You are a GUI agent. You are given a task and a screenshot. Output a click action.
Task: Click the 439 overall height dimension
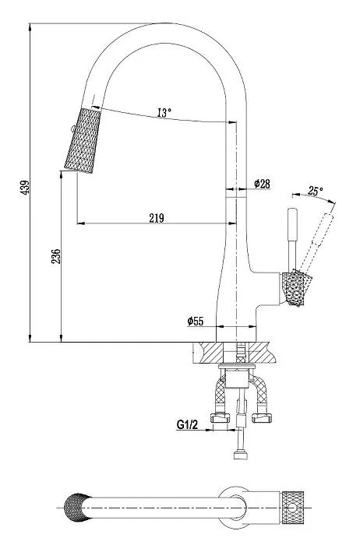[26, 188]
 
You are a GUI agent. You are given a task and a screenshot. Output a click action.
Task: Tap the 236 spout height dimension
[55, 256]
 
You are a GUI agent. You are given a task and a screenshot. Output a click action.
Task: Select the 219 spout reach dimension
[157, 218]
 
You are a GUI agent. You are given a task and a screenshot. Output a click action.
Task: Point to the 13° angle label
[164, 112]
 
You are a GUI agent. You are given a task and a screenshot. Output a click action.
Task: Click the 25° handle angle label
[315, 191]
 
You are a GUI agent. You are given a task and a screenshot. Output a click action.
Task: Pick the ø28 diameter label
[262, 184]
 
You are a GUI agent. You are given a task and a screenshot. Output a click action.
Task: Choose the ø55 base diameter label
[196, 321]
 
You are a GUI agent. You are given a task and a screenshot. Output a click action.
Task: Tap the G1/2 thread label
[187, 425]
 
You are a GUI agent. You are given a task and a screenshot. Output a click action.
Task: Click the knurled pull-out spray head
[83, 140]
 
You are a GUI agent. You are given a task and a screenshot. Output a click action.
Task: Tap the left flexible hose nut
[221, 417]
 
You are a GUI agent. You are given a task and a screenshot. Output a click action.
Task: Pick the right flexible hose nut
[261, 417]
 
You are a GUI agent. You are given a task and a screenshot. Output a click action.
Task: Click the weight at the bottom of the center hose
[241, 455]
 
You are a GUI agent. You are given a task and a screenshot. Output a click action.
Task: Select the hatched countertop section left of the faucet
[207, 353]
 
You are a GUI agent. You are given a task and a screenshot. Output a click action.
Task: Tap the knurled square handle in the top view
[293, 508]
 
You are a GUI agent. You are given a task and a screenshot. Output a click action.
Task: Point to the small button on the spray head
[72, 129]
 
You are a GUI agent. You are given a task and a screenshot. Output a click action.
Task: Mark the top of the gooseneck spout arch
[165, 23]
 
